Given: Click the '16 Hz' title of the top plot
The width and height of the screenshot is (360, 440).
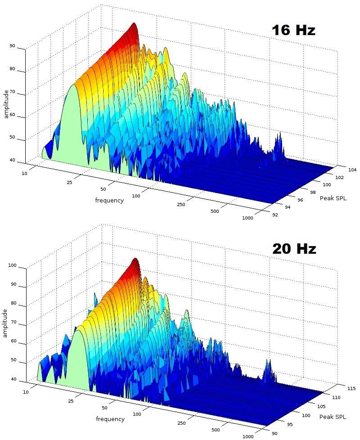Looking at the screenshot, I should pos(293,30).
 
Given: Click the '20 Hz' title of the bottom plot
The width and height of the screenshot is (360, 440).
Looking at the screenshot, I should pos(294,249).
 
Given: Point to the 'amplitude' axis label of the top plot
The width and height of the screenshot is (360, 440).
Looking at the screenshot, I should pos(6,104).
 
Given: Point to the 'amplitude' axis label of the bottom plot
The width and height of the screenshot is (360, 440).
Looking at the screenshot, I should pos(6,323).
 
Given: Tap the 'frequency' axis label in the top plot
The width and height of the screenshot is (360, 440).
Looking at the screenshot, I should pos(109,200).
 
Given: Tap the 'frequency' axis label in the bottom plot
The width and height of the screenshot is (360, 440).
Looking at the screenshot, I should pos(110,419).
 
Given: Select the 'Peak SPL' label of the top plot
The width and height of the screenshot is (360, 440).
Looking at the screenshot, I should pos(333,198).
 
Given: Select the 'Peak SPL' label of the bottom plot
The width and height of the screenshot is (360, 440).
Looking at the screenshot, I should pos(333,417).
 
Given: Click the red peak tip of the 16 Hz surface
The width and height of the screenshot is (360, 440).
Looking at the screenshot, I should pos(134,25).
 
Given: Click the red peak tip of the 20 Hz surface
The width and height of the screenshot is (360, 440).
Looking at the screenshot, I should pos(135,260).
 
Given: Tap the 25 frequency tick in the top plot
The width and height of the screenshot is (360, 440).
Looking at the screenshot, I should pos(69,183).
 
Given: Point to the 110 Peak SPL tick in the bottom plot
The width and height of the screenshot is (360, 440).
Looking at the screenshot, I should pos(336,398).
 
